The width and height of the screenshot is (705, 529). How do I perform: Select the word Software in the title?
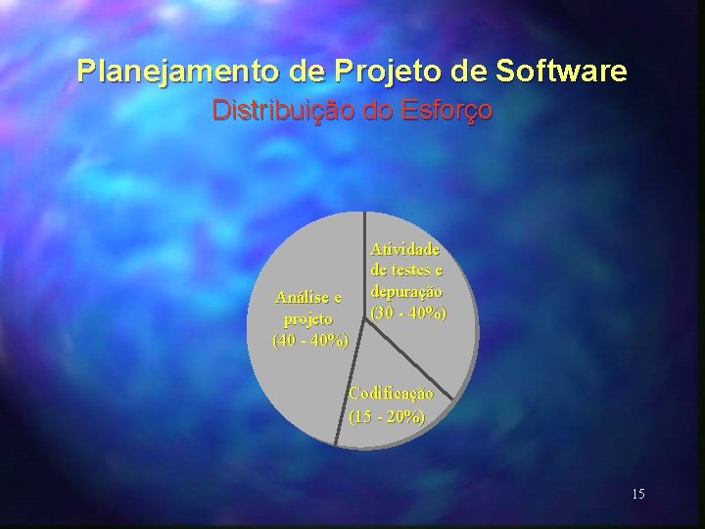[x=562, y=72]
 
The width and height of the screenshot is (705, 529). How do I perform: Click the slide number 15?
[x=638, y=494]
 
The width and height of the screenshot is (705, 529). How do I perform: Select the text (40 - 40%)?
[x=310, y=341]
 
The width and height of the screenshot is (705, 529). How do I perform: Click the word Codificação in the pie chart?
[x=391, y=394]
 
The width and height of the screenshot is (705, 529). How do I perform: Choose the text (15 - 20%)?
[x=388, y=415]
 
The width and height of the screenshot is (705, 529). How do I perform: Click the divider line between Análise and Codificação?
[x=350, y=382]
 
